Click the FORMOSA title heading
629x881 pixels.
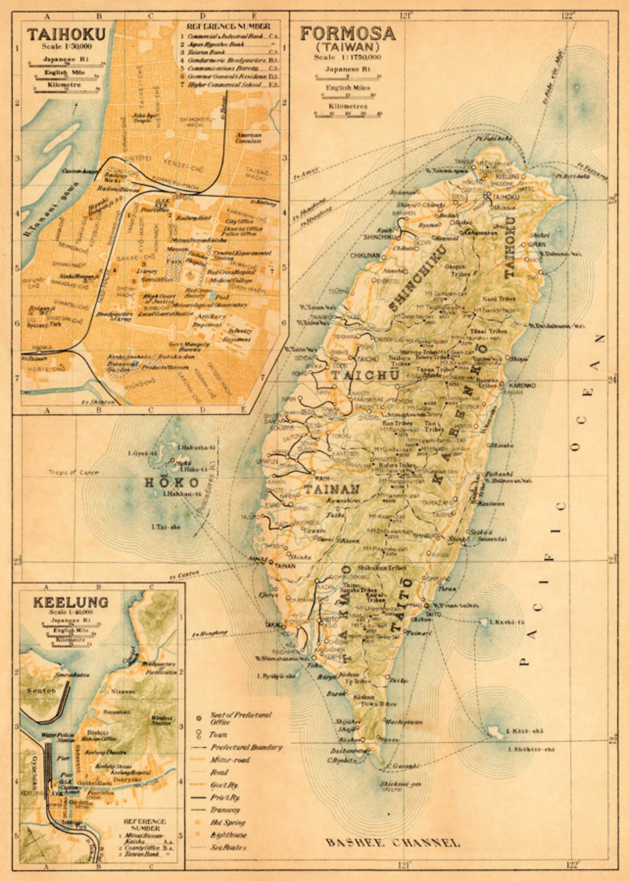(x=347, y=34)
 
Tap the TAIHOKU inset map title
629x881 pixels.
(x=67, y=34)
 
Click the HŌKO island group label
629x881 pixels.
(x=171, y=482)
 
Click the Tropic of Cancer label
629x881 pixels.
(x=74, y=473)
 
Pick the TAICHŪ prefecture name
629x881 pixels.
(x=365, y=374)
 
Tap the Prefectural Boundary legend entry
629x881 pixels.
(x=246, y=747)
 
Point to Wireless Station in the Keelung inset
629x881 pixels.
(x=161, y=720)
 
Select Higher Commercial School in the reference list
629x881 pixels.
(x=224, y=85)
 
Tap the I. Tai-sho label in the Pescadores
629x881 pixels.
(x=166, y=527)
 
